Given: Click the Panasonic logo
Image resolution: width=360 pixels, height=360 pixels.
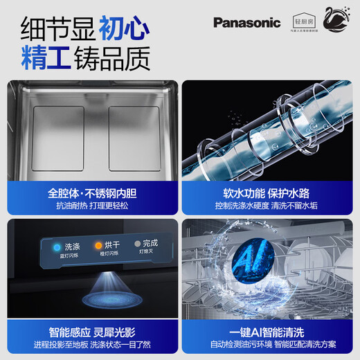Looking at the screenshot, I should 246,22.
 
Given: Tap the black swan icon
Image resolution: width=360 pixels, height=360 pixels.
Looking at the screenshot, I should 336,21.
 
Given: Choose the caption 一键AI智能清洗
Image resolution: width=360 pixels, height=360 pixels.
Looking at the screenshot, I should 270,331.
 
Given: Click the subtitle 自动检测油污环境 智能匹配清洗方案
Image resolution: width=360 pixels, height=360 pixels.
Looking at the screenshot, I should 270,345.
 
